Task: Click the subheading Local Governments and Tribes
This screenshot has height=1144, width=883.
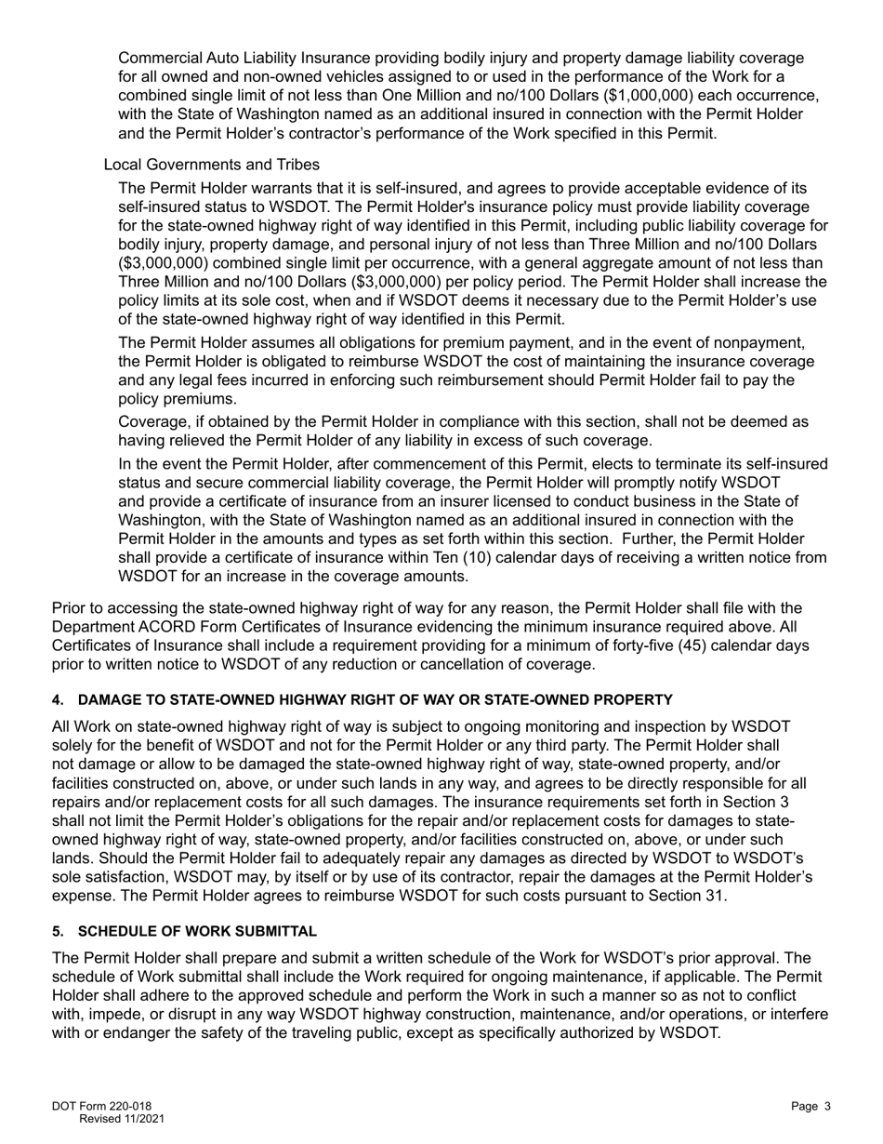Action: pyautogui.click(x=212, y=165)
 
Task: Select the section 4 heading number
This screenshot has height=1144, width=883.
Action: pyautogui.click(x=58, y=699)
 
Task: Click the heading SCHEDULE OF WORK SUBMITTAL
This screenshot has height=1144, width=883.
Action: pyautogui.click(x=197, y=931)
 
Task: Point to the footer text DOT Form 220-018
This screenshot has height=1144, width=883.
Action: pyautogui.click(x=101, y=1106)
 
